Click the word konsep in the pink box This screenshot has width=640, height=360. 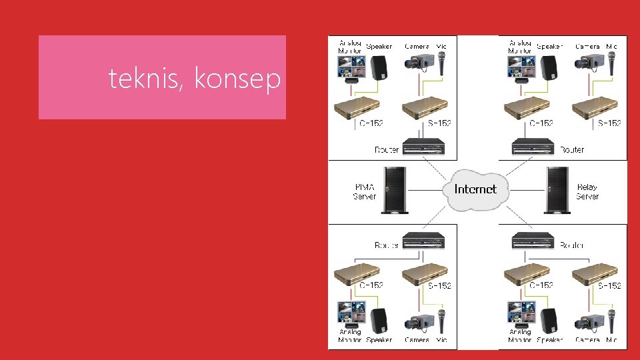[x=237, y=80]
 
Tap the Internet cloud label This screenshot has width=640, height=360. [x=475, y=189]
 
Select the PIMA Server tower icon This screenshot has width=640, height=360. [x=394, y=190]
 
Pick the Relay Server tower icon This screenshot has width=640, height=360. [x=557, y=190]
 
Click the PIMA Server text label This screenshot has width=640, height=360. [x=364, y=192]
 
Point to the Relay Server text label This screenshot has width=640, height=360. [x=587, y=192]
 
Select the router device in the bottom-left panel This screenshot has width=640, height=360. [x=423, y=239]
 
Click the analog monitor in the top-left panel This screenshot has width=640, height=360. [x=352, y=67]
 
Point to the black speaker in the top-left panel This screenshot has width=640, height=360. [x=380, y=67]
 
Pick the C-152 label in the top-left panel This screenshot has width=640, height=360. [x=371, y=123]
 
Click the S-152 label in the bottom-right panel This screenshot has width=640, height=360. [x=609, y=285]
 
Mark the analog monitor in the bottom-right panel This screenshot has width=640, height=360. [x=522, y=313]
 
